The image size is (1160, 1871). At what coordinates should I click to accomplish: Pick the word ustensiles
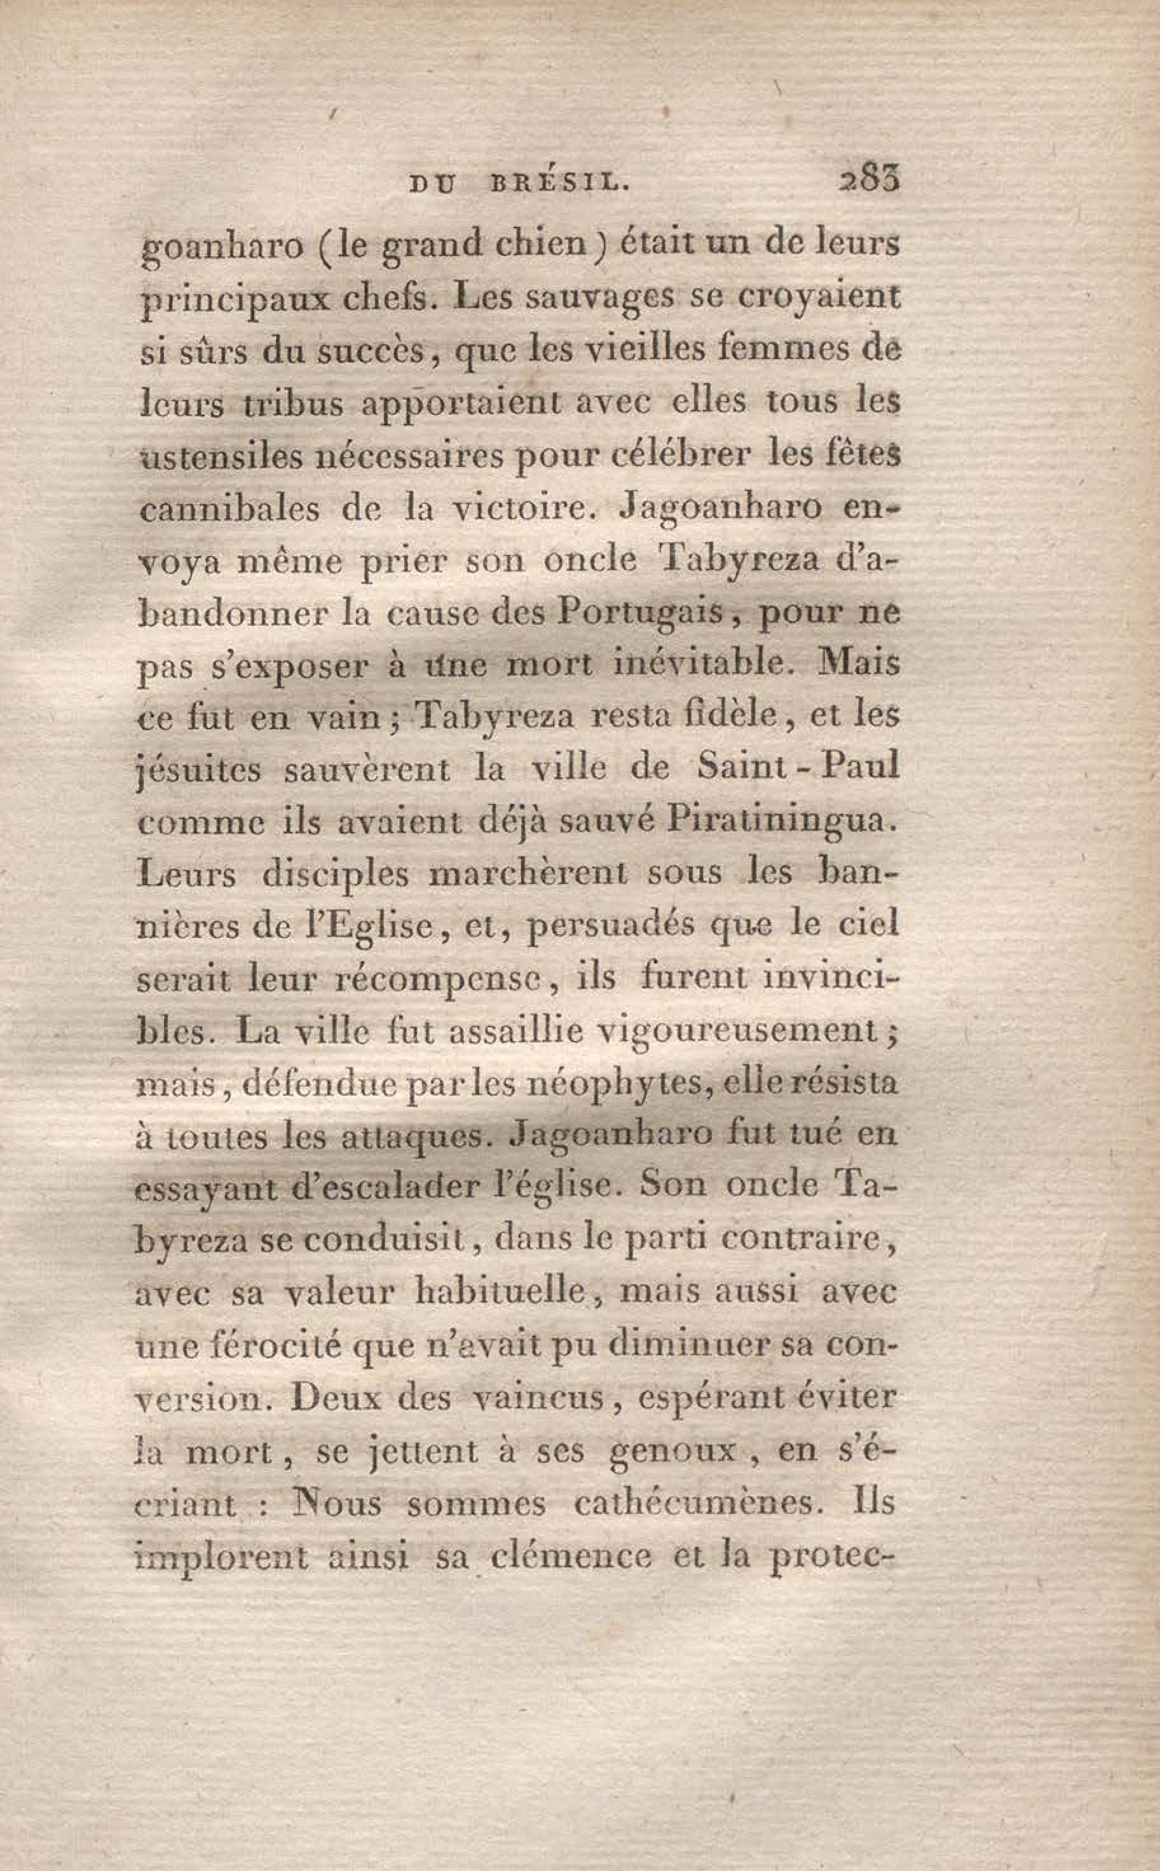(x=225, y=456)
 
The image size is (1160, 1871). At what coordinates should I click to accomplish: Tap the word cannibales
(x=229, y=508)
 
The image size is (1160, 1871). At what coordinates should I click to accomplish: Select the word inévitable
(x=702, y=664)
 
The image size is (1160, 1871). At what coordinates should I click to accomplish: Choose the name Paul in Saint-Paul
(x=860, y=767)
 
